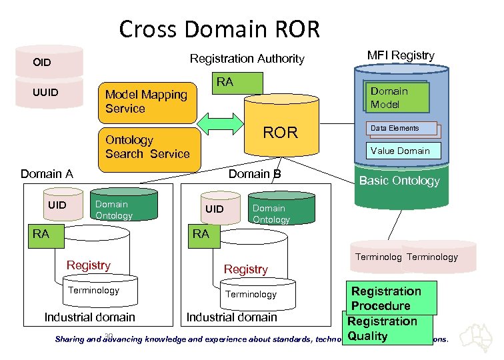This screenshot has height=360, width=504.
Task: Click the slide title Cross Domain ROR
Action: (x=219, y=29)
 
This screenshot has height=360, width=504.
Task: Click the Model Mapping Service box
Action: (x=147, y=102)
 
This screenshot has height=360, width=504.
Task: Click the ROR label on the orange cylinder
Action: (x=280, y=132)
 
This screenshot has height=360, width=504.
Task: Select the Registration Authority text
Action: (x=247, y=59)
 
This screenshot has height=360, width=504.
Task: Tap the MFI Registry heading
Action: (x=401, y=56)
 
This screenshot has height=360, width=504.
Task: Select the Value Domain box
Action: (x=401, y=151)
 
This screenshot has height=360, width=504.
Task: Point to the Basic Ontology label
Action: (x=399, y=181)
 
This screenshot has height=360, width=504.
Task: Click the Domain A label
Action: (x=47, y=174)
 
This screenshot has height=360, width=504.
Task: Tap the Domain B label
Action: (x=255, y=174)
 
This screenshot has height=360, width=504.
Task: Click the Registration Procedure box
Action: (x=386, y=298)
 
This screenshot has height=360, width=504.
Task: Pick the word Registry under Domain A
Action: (x=89, y=265)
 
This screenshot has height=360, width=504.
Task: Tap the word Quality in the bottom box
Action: (x=367, y=336)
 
